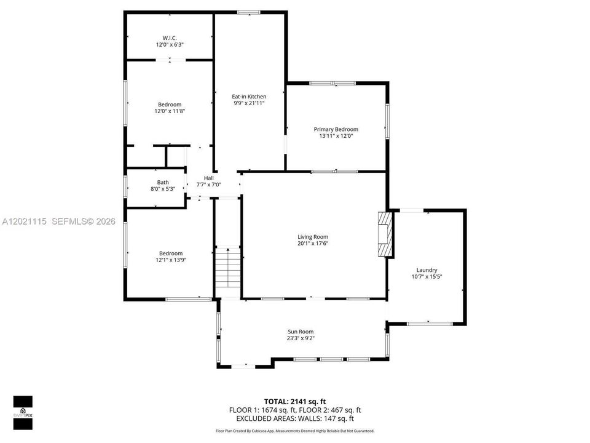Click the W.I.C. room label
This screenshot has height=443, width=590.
point(170,38)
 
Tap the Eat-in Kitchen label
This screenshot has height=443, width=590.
point(249,97)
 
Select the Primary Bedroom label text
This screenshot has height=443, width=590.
point(336,129)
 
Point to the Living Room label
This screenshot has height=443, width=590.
point(313,236)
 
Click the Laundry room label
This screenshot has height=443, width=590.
point(427,270)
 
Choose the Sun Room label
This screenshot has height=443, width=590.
point(301,332)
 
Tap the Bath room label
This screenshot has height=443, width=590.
point(163,182)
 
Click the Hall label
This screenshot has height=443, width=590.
point(209,178)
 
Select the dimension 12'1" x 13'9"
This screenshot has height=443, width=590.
point(171,260)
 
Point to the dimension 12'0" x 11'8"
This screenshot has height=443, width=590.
point(170,111)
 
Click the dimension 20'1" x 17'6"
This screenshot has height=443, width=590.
point(313,244)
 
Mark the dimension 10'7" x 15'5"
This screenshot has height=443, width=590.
point(427,276)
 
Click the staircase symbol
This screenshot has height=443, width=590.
point(227,269)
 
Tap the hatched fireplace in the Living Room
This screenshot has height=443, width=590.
point(385,234)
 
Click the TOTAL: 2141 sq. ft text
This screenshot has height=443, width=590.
point(294,402)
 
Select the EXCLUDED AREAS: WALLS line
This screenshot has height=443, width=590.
point(295,418)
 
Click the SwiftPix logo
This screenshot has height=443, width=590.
point(23,413)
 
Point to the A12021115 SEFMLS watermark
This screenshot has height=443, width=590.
point(59,221)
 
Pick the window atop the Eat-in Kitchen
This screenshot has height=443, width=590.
point(249,12)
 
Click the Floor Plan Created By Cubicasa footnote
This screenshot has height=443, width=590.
point(295,431)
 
